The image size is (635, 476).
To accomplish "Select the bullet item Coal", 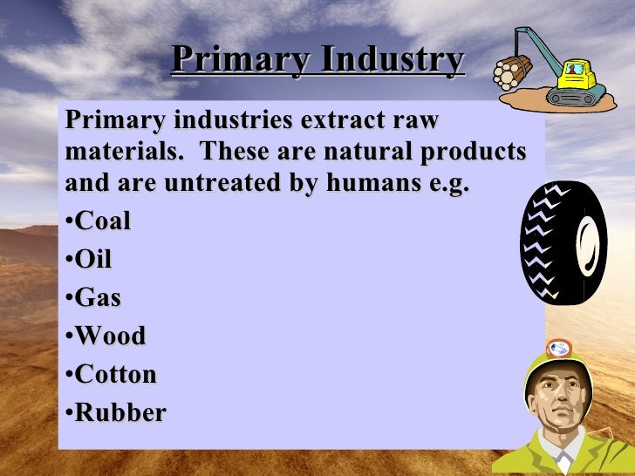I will tap(103, 221).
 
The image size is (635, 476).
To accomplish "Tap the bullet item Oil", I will tap(94, 260).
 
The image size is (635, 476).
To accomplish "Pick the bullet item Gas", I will tap(99, 298).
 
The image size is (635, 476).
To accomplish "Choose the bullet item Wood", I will tap(111, 337).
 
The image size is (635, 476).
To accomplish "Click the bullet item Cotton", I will tap(116, 375).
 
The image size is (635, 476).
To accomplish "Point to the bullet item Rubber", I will tap(120, 413).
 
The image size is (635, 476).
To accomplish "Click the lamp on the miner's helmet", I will tap(557, 349).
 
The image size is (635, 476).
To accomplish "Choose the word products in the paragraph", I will tap(483, 153).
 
